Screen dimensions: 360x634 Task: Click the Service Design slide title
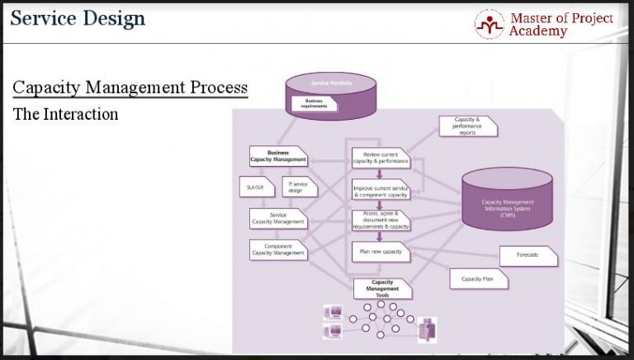(78, 18)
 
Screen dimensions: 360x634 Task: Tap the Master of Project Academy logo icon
(490, 23)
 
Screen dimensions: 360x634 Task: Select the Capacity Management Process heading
(130, 88)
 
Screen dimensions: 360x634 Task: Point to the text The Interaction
(65, 114)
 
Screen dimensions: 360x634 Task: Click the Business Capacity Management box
(278, 155)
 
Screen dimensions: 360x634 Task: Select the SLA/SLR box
(255, 187)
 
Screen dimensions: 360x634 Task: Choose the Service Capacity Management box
(278, 218)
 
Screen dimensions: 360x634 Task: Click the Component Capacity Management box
(278, 249)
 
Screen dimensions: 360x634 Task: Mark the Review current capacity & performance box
(380, 156)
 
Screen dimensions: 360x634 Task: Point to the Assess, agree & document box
(380, 220)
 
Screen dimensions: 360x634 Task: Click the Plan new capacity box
(380, 251)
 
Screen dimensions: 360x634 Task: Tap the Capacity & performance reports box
(467, 126)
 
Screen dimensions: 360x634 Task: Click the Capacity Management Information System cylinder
(509, 203)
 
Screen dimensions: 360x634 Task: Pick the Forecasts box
(528, 255)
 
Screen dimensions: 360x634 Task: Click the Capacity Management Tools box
(381, 287)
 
